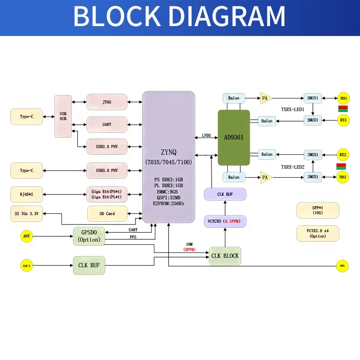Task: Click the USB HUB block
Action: click(63, 116)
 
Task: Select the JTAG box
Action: click(107, 102)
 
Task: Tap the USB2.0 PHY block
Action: click(107, 147)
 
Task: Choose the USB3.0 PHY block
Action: click(107, 171)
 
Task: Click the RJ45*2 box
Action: click(27, 194)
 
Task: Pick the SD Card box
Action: click(107, 214)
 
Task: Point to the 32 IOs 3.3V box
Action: click(27, 214)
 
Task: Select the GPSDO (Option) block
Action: click(89, 236)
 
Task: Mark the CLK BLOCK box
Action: click(225, 256)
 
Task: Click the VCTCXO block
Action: click(225, 221)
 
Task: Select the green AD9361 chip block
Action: click(234, 137)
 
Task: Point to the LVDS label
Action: click(207, 135)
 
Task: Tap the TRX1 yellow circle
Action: click(343, 98)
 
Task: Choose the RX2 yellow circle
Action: click(343, 154)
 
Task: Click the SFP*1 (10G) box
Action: click(318, 210)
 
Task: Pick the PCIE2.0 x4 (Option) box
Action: click(318, 234)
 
